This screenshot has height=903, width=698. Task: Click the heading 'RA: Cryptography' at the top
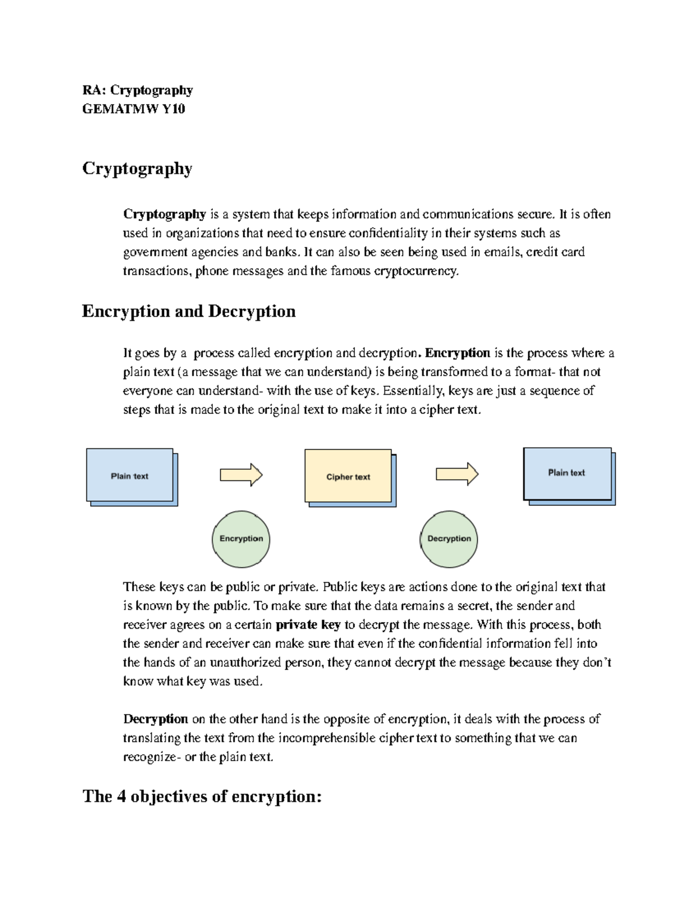[x=137, y=90]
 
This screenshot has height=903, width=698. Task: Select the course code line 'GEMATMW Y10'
[x=134, y=109]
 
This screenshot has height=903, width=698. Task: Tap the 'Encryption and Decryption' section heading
[x=188, y=312]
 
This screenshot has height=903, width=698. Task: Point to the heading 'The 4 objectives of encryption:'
[x=202, y=796]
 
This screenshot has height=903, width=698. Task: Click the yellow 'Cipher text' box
[x=348, y=476]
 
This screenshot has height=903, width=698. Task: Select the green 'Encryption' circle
[x=241, y=539]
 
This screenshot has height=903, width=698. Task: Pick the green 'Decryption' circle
[x=449, y=539]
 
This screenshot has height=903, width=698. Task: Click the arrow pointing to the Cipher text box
[x=241, y=474]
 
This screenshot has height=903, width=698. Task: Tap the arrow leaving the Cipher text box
[x=457, y=474]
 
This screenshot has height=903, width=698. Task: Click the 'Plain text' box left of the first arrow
[x=130, y=475]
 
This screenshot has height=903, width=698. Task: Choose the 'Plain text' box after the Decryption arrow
[x=567, y=473]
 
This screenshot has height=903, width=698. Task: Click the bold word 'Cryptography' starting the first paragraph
[x=165, y=214]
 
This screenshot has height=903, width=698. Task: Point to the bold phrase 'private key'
[x=308, y=624]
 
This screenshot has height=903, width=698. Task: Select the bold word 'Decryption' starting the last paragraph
[x=155, y=719]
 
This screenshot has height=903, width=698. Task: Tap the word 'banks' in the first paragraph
[x=284, y=252]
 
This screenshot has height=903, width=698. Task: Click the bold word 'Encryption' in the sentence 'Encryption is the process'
[x=458, y=353]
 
